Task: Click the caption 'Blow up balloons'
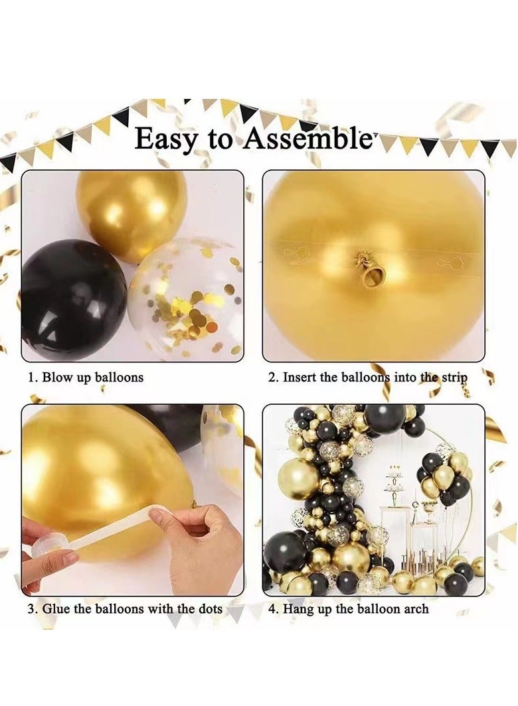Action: point(92,378)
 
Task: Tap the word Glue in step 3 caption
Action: point(58,608)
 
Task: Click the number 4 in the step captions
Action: point(272,608)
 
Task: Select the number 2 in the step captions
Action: point(272,378)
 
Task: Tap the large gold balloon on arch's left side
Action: point(299,479)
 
